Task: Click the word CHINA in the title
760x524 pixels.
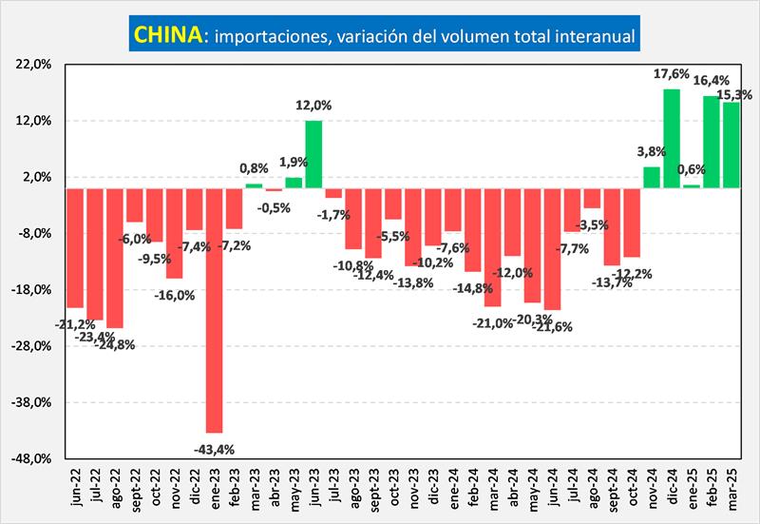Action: (167, 35)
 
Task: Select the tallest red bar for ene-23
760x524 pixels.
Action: (214, 309)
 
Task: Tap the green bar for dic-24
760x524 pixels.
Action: (671, 138)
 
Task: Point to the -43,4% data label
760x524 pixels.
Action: (214, 448)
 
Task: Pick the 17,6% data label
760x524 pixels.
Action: (672, 74)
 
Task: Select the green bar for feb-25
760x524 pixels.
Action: (711, 142)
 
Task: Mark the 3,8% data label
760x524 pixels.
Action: (651, 150)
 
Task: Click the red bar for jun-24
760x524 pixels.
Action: (552, 248)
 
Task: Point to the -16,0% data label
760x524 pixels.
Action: (174, 295)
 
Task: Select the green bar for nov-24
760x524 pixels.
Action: (651, 177)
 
